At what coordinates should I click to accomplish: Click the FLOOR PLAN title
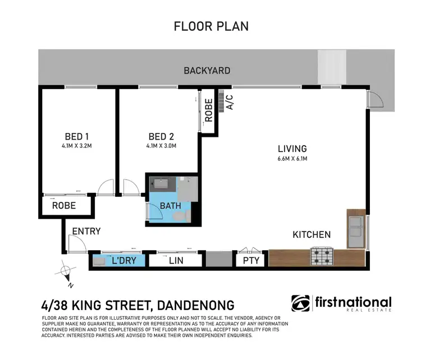coord(210,26)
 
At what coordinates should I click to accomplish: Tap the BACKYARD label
coord(207,71)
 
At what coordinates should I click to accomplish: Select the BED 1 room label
coord(77,136)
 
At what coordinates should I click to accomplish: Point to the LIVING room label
coord(292,149)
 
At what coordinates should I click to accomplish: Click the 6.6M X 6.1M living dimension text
coord(292,158)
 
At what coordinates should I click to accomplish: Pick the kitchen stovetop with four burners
coord(323,257)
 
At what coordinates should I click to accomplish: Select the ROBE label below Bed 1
coord(63,206)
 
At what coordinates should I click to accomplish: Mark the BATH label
coord(170,206)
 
